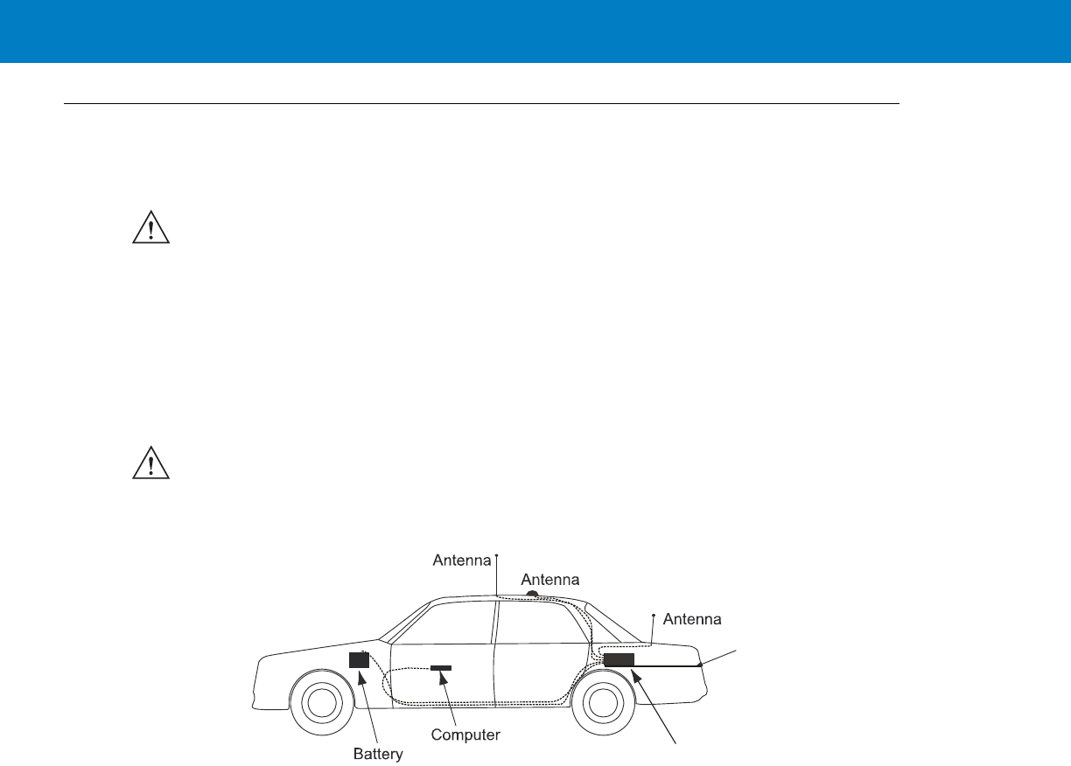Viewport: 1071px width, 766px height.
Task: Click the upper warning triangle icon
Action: point(150,228)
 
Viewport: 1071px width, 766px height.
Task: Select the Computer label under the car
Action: point(466,735)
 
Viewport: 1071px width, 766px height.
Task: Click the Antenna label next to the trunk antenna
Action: point(692,619)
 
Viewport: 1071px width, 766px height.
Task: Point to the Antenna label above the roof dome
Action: point(550,580)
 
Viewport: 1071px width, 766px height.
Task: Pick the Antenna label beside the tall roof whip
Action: point(462,561)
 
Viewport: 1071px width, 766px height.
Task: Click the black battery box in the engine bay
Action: point(359,660)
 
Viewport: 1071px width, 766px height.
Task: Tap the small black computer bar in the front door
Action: point(441,668)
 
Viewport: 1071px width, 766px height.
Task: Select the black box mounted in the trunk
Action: point(619,659)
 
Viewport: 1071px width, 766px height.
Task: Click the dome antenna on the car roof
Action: point(531,594)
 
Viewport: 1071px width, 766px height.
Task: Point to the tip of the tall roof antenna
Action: point(496,554)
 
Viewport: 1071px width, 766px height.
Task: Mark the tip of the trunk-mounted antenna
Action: point(654,616)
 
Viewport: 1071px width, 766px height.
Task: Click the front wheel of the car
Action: point(322,703)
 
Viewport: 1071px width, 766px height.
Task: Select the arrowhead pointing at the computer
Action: point(444,676)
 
